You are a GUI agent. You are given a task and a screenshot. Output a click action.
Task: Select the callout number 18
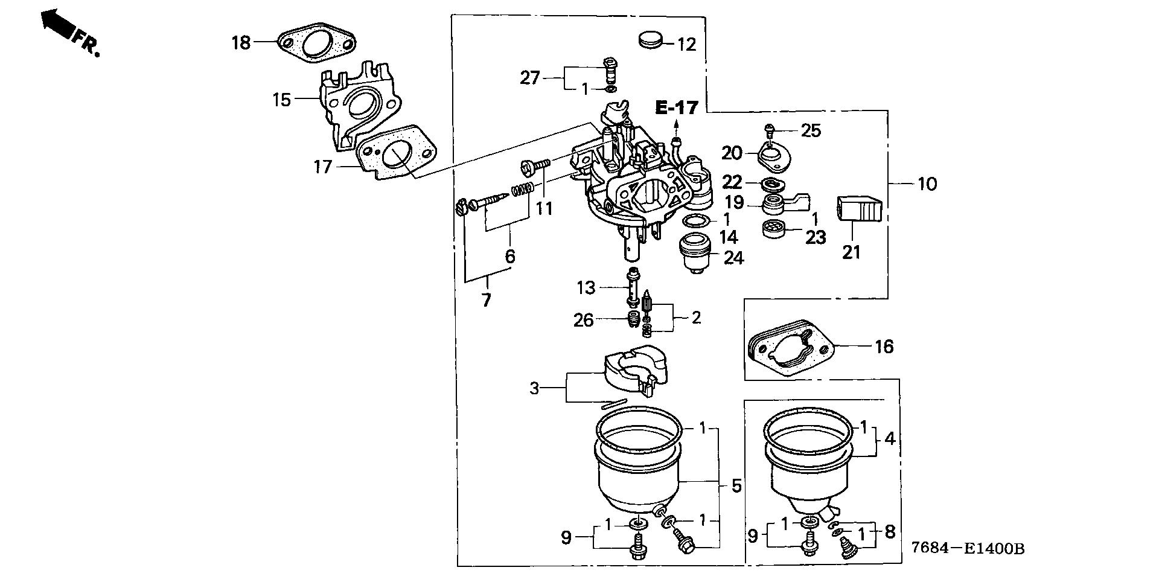click(241, 43)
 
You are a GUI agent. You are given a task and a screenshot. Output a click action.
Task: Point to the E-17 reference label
click(677, 109)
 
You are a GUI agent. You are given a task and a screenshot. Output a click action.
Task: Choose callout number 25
click(811, 130)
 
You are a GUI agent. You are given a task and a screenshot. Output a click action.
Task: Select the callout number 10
click(927, 184)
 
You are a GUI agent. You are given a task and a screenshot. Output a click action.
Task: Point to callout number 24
click(733, 258)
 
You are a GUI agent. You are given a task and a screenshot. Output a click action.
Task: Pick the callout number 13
click(586, 288)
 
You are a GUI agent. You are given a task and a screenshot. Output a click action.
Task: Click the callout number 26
click(584, 320)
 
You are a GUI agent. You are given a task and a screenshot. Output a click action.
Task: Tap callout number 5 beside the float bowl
click(736, 485)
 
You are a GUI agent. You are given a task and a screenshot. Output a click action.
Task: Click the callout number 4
click(890, 438)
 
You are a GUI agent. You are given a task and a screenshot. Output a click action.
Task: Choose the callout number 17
click(323, 166)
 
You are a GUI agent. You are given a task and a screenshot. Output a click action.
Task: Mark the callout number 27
click(530, 78)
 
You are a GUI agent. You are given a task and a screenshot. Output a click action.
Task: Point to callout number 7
click(487, 300)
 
